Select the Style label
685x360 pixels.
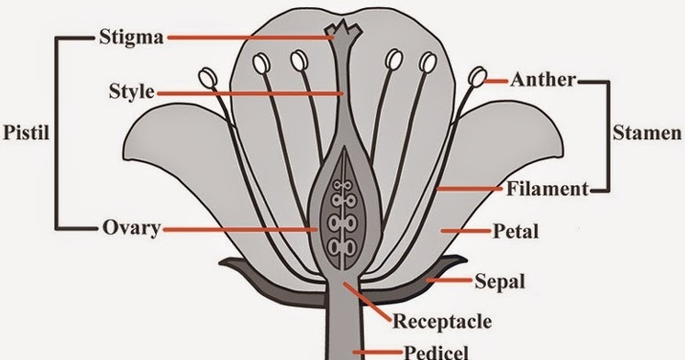click(x=132, y=91)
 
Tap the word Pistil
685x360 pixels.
click(x=24, y=132)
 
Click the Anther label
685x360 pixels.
click(x=543, y=80)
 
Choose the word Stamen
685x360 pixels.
click(x=647, y=133)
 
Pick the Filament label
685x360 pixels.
click(x=548, y=189)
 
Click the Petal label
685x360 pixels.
click(x=515, y=231)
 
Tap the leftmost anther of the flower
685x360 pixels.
click(x=208, y=78)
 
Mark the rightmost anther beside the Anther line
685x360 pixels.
click(x=478, y=78)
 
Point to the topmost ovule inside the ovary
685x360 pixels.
click(x=339, y=189)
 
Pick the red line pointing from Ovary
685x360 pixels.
click(x=239, y=229)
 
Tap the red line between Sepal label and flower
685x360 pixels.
click(x=449, y=281)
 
